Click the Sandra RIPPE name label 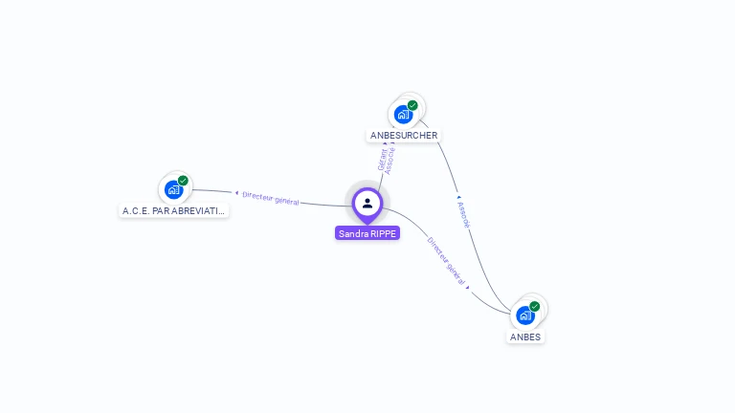(367, 233)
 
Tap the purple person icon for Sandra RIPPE (367, 203)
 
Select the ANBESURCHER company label (404, 136)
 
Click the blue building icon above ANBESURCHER (403, 115)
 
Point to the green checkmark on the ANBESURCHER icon (412, 105)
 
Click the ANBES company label (525, 337)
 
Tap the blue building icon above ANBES (524, 315)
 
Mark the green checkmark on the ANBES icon (534, 306)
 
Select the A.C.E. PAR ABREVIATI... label (174, 210)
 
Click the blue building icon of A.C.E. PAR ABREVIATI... (173, 189)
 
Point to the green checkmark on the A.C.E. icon (183, 180)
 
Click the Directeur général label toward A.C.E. (271, 198)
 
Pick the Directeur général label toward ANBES (447, 261)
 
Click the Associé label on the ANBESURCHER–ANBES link (464, 214)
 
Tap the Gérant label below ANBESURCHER (382, 160)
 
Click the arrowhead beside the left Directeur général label (236, 193)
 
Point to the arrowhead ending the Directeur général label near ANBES (468, 286)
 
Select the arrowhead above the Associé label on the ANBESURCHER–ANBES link (458, 198)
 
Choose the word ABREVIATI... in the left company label (200, 210)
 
